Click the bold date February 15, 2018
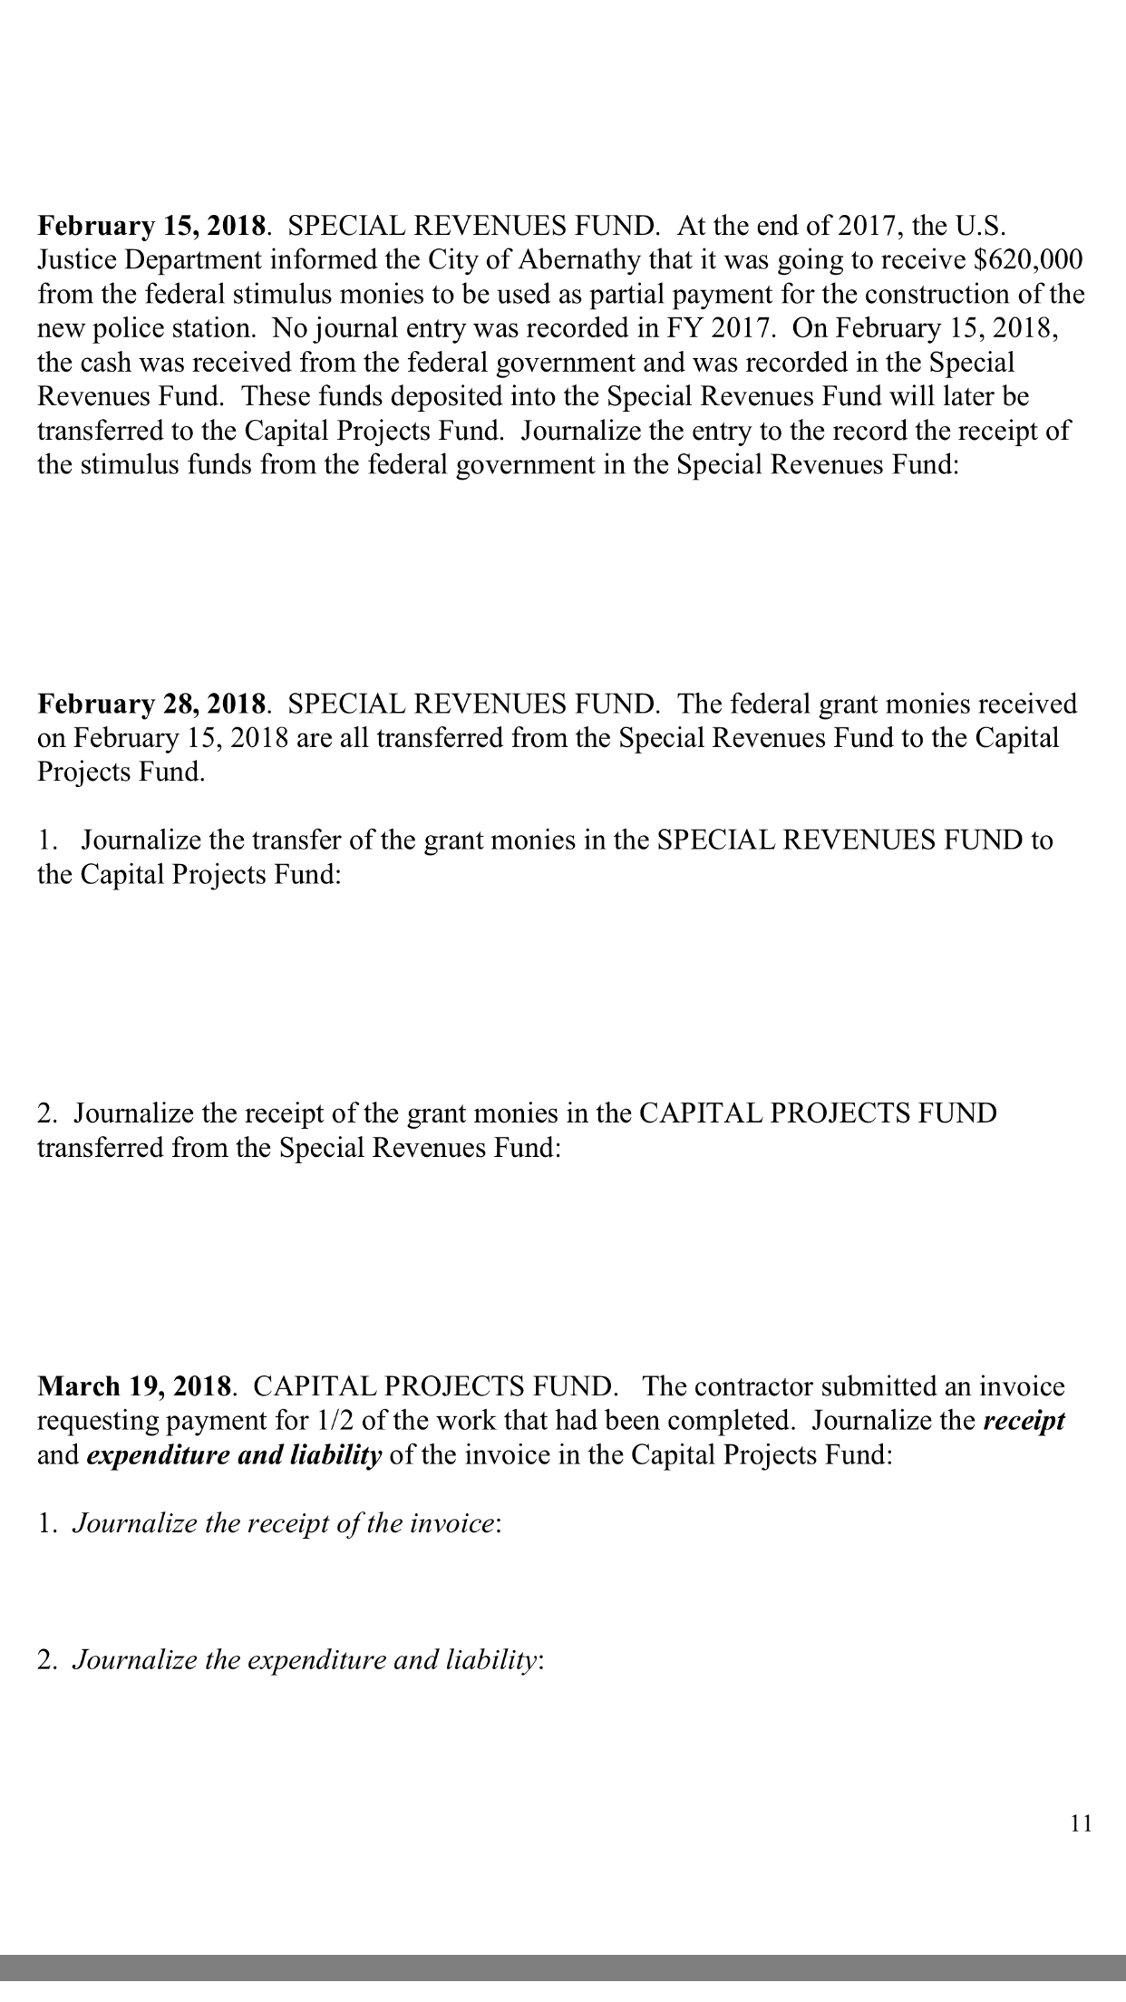pos(153,225)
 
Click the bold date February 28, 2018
pos(153,704)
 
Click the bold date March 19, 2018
pos(137,1386)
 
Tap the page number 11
pos(1081,1823)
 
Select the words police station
pos(175,328)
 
